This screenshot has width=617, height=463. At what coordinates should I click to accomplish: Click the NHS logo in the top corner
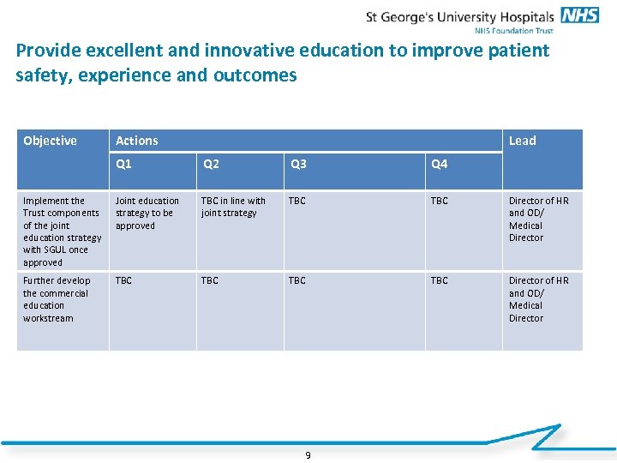pos(580,15)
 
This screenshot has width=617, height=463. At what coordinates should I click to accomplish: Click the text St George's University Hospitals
pos(460,16)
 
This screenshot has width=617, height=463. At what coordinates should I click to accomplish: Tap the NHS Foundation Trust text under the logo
pos(514,30)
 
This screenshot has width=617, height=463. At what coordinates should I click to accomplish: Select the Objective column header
pos(50,141)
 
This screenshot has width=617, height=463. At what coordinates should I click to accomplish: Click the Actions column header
pos(137,141)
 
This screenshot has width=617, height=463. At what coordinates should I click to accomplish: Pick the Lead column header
pos(522,141)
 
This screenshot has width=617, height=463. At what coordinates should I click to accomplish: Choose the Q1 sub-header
pos(124,164)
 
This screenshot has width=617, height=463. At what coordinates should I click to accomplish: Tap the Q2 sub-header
pos(210,164)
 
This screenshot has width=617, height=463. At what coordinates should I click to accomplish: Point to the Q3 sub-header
pos(298,164)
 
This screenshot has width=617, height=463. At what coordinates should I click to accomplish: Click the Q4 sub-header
pos(439,164)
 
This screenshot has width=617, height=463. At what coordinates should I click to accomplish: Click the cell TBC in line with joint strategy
pos(233,207)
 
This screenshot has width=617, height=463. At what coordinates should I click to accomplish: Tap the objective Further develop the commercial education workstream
pos(57,299)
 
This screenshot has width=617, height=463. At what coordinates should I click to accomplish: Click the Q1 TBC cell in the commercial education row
pos(124,280)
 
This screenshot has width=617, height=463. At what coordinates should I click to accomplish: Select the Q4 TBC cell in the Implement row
pos(439,201)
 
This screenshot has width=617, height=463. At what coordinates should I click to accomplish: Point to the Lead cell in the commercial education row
pos(538,299)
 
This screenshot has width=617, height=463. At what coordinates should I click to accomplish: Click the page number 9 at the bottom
pos(308,454)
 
